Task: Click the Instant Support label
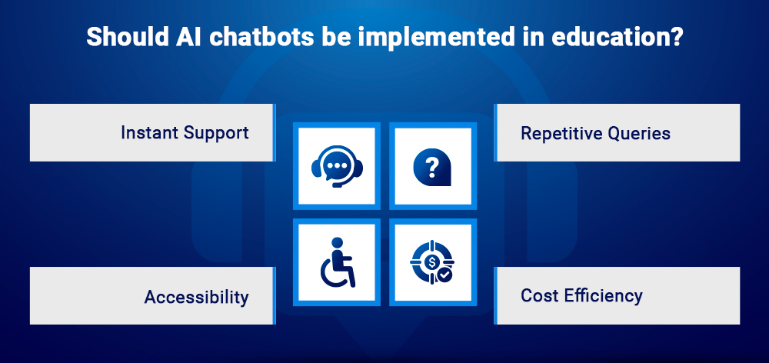(185, 132)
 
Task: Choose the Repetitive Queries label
(595, 133)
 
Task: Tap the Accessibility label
(196, 296)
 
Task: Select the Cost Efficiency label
(581, 295)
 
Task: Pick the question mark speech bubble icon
(431, 166)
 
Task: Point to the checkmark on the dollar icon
(444, 273)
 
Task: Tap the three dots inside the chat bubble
(335, 165)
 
